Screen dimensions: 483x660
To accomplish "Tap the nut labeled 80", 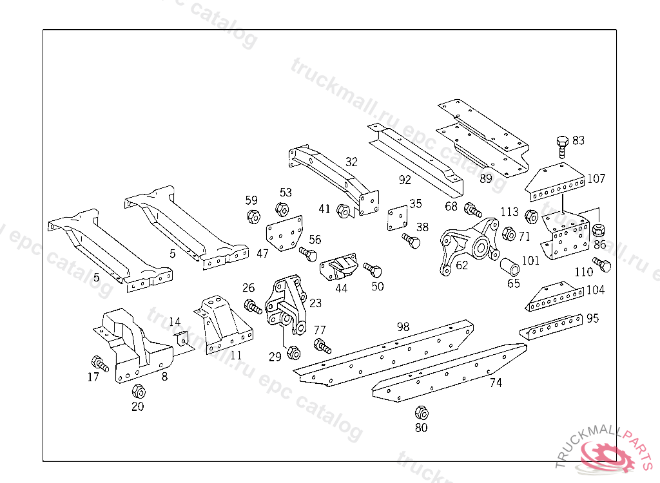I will pos(421,412).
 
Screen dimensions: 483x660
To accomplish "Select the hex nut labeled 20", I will pos(138,391).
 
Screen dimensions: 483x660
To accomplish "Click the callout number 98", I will pos(403,327).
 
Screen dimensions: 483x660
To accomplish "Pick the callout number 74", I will pos(496,383).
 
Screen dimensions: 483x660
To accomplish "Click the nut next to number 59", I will pos(253,216).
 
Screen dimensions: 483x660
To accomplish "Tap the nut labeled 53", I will pos(282,209).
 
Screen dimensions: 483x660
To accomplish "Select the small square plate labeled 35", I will pos(397,218).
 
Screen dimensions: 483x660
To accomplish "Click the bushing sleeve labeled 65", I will pos(510,266).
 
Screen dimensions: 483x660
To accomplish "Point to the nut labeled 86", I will pos(598,229).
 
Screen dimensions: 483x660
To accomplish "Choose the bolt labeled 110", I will pos(602,264).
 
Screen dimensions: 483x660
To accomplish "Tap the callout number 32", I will pos(351,162).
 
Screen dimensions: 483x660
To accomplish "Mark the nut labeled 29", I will pos(292,352).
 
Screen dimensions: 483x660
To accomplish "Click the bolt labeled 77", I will pos(322,346).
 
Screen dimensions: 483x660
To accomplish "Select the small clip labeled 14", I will pos(181,338).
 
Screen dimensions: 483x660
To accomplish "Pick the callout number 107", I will pos(597,178).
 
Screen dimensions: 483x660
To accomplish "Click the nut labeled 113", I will pos(532,216).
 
